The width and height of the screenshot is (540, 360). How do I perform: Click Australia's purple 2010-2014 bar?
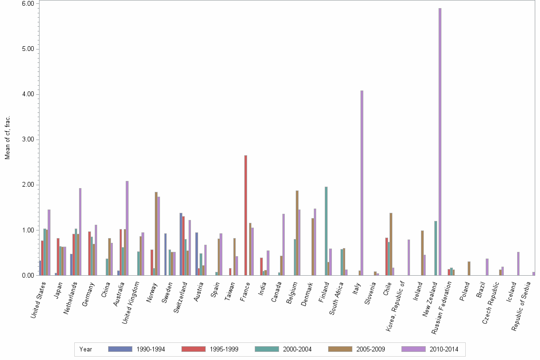pyautogui.click(x=127, y=228)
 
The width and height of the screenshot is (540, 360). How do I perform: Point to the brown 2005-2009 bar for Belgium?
pyautogui.click(x=297, y=233)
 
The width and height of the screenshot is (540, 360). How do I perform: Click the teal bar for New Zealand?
pyautogui.click(x=436, y=248)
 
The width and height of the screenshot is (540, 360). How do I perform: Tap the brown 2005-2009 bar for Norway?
pyautogui.click(x=156, y=233)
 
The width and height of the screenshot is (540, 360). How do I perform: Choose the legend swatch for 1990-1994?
pyautogui.click(x=120, y=349)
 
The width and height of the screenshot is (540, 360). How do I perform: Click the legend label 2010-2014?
pyautogui.click(x=443, y=349)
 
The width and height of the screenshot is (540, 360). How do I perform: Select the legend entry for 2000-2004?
pyautogui.click(x=297, y=349)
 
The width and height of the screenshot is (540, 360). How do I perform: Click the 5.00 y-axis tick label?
pyautogui.click(x=27, y=49)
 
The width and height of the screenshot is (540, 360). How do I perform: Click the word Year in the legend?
pyautogui.click(x=86, y=349)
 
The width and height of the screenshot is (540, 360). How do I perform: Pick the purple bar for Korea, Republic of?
pyautogui.click(x=409, y=257)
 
